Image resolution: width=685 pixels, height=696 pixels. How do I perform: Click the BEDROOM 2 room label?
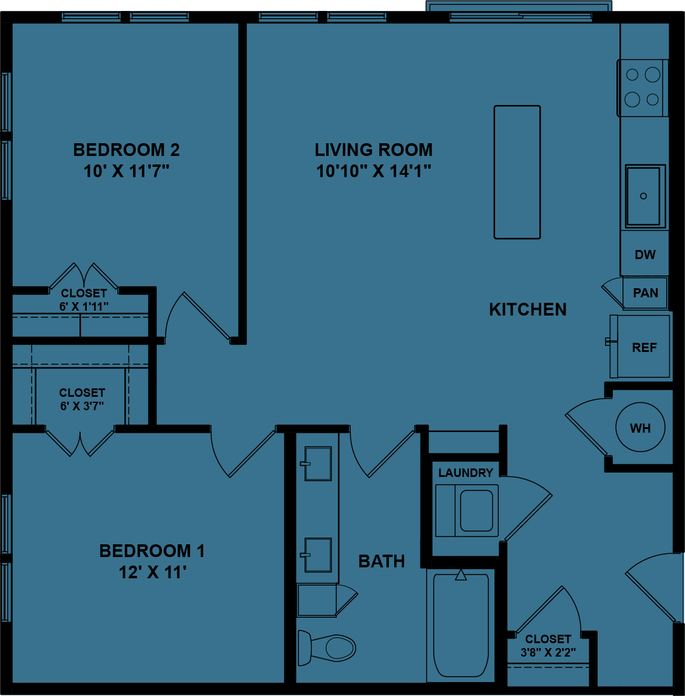126,150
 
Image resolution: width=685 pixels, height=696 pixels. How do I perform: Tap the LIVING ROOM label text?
373,150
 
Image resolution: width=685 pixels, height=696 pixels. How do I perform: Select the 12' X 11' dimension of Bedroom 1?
152,572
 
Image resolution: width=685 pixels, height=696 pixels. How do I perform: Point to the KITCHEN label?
527,309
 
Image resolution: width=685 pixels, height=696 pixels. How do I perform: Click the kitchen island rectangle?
517,172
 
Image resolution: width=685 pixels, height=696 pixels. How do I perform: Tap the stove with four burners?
643,87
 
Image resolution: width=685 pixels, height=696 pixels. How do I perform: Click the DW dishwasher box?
645,255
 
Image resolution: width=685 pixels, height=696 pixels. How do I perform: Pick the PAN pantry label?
646,293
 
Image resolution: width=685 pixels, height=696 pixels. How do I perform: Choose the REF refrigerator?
643,347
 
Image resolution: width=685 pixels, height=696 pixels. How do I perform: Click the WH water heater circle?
640,428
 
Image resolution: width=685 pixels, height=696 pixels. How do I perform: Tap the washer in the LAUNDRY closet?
467,510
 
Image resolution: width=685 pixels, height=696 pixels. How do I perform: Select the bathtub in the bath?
461,625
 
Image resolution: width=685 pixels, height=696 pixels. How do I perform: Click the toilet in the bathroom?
328,647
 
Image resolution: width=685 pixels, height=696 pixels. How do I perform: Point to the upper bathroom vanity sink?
318,464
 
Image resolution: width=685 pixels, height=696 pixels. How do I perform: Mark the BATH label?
382,562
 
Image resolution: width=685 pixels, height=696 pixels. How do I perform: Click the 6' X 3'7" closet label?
82,406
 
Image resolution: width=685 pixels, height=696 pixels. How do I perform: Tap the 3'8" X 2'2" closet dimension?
548,653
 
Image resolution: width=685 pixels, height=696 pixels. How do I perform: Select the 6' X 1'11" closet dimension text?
84,306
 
